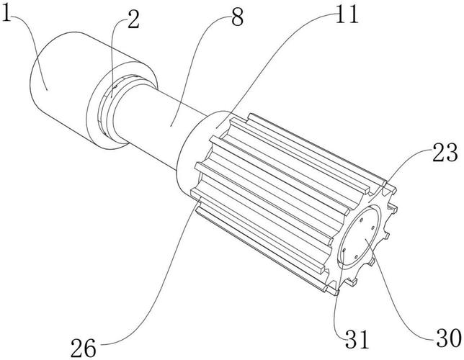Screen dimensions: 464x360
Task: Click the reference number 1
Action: click(6, 12)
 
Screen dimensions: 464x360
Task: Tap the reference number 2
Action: click(133, 19)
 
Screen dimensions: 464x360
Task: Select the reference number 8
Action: click(237, 17)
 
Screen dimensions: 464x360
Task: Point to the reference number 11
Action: click(347, 14)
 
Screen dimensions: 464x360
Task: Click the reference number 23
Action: click(445, 152)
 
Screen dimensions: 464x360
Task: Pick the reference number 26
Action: click(84, 348)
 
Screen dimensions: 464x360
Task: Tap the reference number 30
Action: click(449, 338)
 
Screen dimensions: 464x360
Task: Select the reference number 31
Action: click(357, 340)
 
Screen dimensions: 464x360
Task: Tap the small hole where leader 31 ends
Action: click(344, 251)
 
